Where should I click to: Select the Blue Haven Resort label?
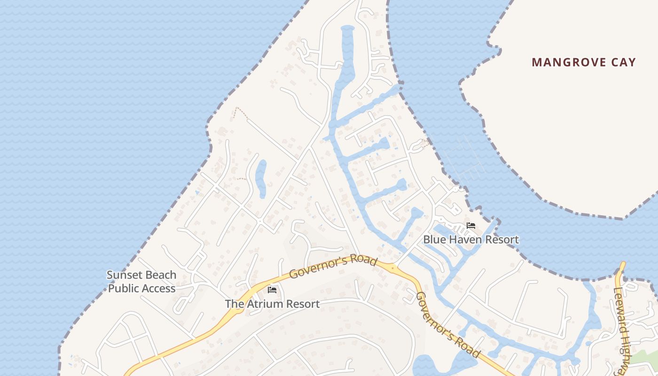[471, 239]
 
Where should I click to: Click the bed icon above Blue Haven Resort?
[471, 226]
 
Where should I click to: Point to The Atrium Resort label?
[272, 304]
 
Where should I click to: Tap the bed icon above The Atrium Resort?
[272, 290]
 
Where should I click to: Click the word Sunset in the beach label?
[123, 275]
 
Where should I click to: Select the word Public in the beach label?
[123, 288]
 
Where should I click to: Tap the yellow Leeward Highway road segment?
[621, 273]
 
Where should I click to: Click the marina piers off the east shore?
[465, 160]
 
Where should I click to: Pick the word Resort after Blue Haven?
[501, 239]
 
